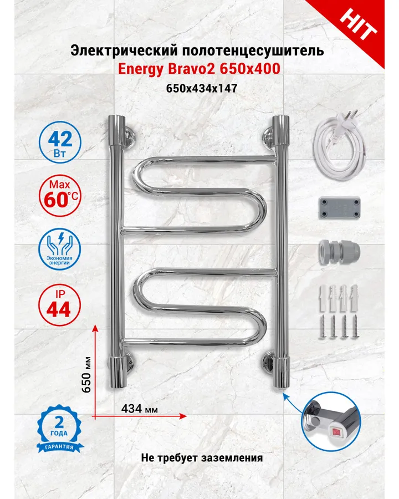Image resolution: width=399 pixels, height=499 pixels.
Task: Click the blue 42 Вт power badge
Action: pyautogui.click(x=60, y=142)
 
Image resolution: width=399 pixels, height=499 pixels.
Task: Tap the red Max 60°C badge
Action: pyautogui.click(x=60, y=196)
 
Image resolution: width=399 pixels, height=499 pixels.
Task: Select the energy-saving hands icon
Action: pyautogui.click(x=60, y=249)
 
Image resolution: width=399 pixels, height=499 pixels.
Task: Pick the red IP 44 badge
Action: pyautogui.click(x=59, y=304)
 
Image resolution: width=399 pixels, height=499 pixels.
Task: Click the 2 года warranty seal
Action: pyautogui.click(x=59, y=429)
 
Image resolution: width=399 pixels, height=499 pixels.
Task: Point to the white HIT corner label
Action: pyautogui.click(x=358, y=24)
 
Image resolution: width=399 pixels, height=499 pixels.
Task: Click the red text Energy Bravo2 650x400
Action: pyautogui.click(x=199, y=69)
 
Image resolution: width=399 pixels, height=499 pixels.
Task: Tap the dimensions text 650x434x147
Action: pyautogui.click(x=202, y=88)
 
